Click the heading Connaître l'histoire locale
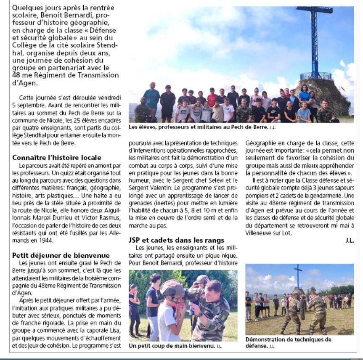click(56, 158)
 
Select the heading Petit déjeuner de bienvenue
click(61, 255)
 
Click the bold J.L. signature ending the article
click(350, 241)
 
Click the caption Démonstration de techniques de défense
click(288, 342)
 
